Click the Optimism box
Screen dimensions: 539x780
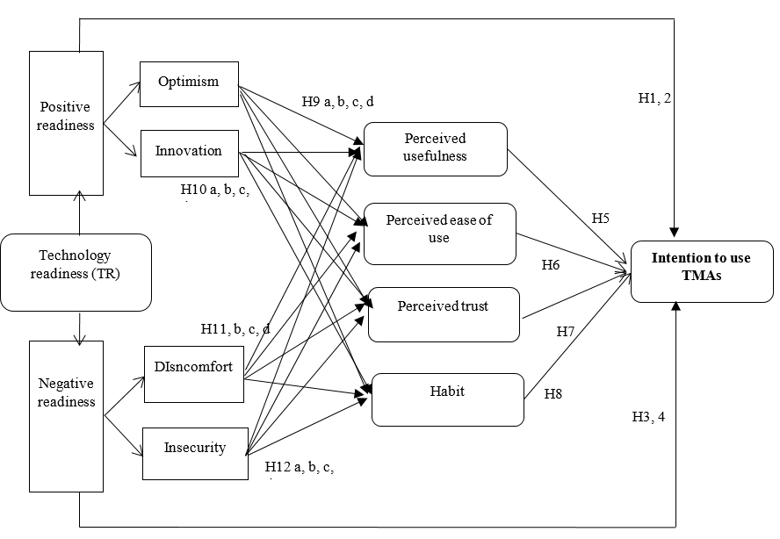click(189, 83)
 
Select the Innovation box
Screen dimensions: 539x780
click(189, 151)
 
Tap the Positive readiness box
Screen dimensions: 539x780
click(66, 123)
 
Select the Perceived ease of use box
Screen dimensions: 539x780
click(439, 234)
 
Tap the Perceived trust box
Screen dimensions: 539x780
click(444, 313)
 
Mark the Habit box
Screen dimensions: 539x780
click(448, 399)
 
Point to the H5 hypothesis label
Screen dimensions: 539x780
click(601, 219)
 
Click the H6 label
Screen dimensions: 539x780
click(551, 264)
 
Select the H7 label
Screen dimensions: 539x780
click(566, 332)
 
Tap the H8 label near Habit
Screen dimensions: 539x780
click(553, 393)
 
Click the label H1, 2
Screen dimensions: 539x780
click(654, 99)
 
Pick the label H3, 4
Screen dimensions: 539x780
click(648, 416)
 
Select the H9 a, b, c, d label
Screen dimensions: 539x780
click(337, 102)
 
